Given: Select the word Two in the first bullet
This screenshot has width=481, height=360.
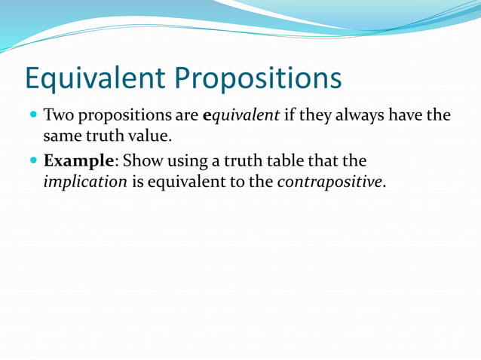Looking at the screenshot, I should (x=59, y=117).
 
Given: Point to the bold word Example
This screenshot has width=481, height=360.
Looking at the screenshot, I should (x=78, y=162).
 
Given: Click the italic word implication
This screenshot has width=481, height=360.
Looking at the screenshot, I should (x=85, y=182).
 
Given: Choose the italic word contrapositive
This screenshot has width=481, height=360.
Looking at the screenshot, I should (x=331, y=182).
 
